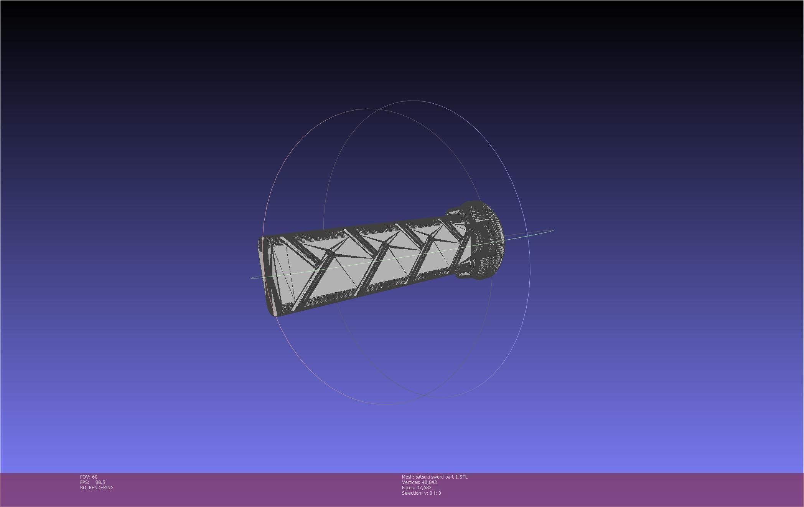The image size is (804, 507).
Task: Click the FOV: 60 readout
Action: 89,477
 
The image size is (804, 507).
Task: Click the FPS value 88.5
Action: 100,482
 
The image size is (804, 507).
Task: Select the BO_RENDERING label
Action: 97,487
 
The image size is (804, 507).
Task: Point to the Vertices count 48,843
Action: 429,482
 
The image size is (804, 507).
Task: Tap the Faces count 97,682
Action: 424,487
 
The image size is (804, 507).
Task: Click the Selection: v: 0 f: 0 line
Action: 421,493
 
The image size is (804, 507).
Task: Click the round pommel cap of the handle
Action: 489,240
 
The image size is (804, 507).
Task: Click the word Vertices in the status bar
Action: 411,482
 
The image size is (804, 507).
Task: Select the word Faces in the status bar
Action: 408,487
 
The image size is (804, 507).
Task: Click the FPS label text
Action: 84,482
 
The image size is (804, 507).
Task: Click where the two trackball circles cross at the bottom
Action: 424,395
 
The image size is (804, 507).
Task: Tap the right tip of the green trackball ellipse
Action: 553,230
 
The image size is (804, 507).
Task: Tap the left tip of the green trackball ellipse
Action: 252,278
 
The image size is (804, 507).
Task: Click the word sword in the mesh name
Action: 438,477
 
